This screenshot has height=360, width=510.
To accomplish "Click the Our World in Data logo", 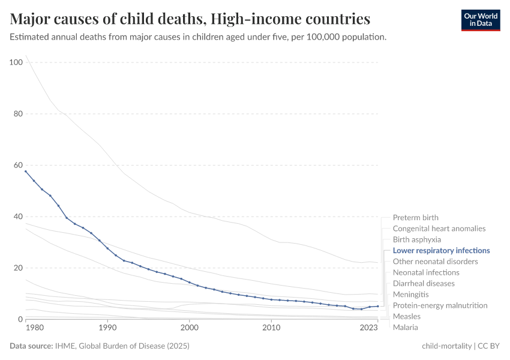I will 480,20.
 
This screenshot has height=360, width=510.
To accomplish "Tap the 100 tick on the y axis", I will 16,62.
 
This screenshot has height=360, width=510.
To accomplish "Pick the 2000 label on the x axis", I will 189,329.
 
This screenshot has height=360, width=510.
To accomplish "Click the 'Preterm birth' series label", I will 415,218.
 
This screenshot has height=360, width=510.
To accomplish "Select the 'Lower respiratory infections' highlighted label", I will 441,251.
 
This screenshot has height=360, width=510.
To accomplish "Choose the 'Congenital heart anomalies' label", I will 439,229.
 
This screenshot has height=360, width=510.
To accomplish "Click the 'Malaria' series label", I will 405,328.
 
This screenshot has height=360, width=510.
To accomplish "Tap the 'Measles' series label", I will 406,316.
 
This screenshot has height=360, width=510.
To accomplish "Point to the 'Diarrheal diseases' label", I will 424,283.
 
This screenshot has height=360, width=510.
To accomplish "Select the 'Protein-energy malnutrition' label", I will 440,305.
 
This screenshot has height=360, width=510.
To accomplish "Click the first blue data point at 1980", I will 25,171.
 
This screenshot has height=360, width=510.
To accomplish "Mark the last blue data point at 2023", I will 377,306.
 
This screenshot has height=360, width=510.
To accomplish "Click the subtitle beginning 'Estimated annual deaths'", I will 198,37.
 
